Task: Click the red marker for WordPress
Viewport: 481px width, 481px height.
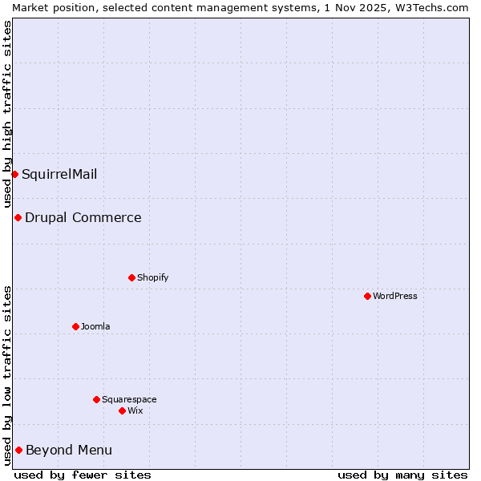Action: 367,296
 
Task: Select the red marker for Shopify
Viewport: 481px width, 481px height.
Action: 131,277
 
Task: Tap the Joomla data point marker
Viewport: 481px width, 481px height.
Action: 75,326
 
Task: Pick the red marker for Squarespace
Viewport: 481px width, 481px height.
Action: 96,399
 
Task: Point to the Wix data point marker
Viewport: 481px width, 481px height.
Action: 122,410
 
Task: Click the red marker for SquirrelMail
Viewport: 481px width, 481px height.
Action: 14,174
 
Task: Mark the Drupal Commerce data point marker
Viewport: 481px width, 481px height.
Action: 18,217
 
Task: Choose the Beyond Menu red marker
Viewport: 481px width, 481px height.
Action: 18,450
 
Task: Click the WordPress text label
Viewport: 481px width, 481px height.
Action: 395,296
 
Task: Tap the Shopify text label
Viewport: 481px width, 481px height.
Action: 153,277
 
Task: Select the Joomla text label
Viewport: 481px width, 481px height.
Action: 95,326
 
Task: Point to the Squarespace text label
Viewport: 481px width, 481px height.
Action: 129,399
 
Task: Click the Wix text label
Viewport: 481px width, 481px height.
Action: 135,410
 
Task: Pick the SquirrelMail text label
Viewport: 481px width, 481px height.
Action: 59,174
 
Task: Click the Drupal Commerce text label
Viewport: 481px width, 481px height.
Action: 83,217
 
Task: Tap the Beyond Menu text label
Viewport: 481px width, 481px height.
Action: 69,450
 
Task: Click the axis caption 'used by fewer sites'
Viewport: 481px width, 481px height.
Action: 83,475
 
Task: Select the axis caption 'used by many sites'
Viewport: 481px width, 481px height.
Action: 402,475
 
